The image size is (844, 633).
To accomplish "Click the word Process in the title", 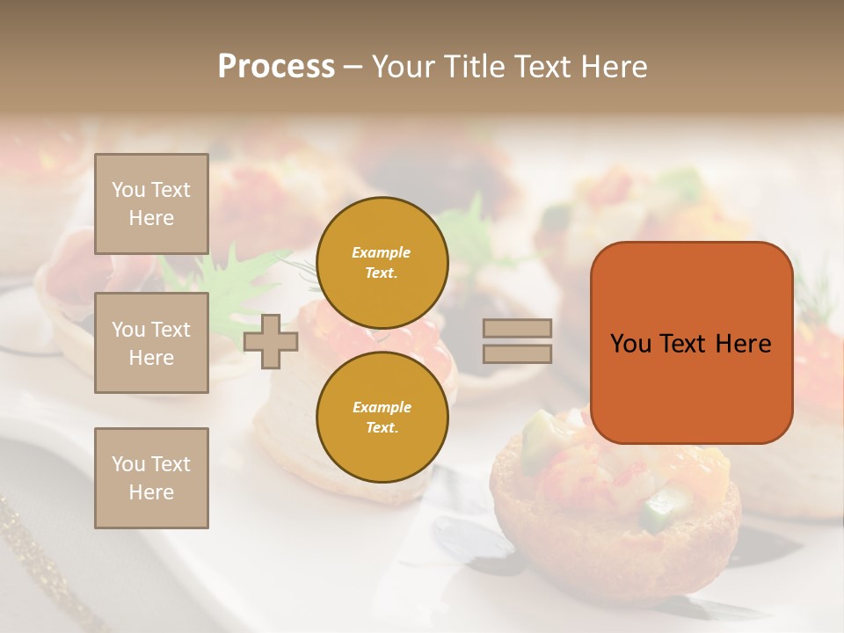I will [x=276, y=66].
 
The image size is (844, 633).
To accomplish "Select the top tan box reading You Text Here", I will [x=151, y=204].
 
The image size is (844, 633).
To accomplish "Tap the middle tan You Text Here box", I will [x=151, y=343].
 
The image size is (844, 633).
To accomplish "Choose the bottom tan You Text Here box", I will [x=151, y=478].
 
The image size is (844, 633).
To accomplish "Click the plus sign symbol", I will [x=271, y=342].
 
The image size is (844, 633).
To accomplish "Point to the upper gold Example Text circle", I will [x=382, y=263].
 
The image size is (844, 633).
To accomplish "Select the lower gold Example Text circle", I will [x=382, y=418].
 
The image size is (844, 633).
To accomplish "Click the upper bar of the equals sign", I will [x=517, y=328].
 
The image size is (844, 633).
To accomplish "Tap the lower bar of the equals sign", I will [x=517, y=353].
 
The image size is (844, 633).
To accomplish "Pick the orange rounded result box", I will [x=691, y=343].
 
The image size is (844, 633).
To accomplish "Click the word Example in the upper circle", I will [x=382, y=252].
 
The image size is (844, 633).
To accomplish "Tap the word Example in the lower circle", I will [x=382, y=407].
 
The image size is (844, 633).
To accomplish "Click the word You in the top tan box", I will [x=128, y=190].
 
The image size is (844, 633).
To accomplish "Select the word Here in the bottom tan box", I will [x=151, y=492].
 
